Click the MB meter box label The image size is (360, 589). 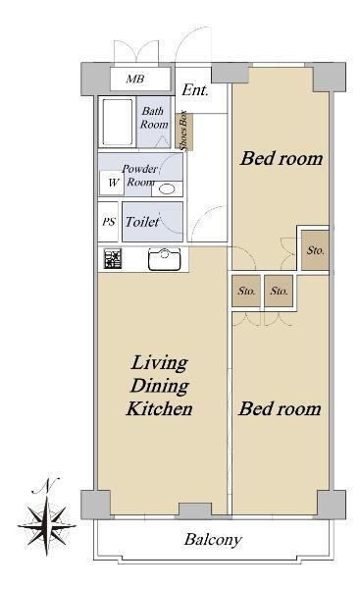point(135,79)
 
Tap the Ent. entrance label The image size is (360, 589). point(195,90)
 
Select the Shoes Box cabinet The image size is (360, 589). point(184,131)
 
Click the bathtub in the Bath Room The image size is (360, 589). point(118,122)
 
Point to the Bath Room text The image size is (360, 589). point(154,118)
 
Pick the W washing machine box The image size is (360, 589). point(112,183)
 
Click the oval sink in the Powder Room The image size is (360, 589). point(167,188)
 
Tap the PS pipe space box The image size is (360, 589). point(109,222)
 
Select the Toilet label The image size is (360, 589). point(142,222)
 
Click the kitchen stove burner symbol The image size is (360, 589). point(113,259)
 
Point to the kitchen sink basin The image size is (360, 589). point(165,259)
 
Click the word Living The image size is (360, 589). point(159,363)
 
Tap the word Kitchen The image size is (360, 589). point(159,408)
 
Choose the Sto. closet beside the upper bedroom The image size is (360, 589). point(315,250)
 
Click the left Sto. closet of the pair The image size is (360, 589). point(246,291)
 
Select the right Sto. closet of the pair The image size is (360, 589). point(279,291)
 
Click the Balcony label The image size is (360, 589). point(213,540)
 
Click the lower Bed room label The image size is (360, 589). point(280,408)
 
